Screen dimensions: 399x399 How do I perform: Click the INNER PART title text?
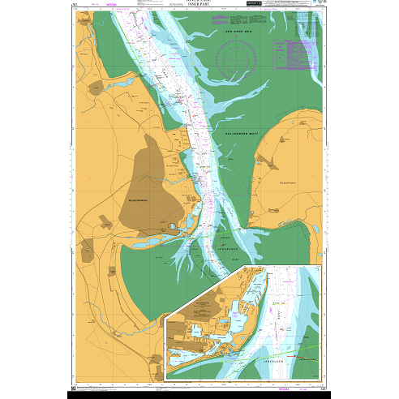pyautogui.click(x=199, y=11)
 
